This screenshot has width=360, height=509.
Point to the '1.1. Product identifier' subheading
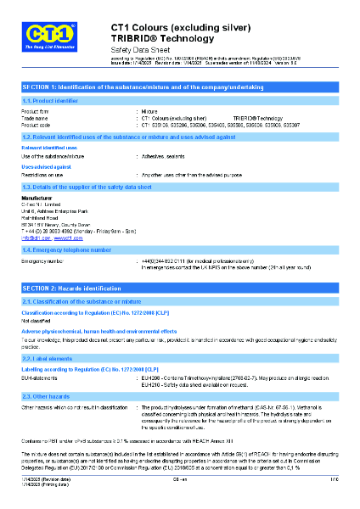pos(49,101)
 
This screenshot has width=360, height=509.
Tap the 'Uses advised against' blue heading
pos(46,167)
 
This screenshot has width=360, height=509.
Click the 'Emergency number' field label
pos(43,261)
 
